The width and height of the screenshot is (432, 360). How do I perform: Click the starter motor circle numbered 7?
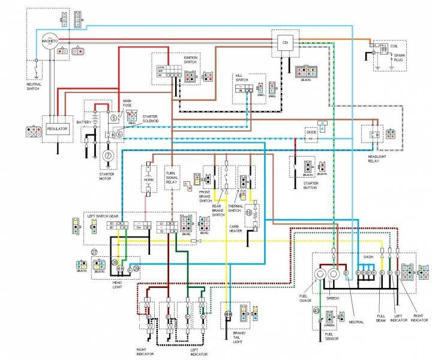coord(109,155)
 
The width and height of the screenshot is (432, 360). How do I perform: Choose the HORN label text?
coord(149,178)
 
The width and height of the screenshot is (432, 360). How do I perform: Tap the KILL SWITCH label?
coord(241,78)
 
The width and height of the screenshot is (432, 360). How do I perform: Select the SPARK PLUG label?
coord(398,59)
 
